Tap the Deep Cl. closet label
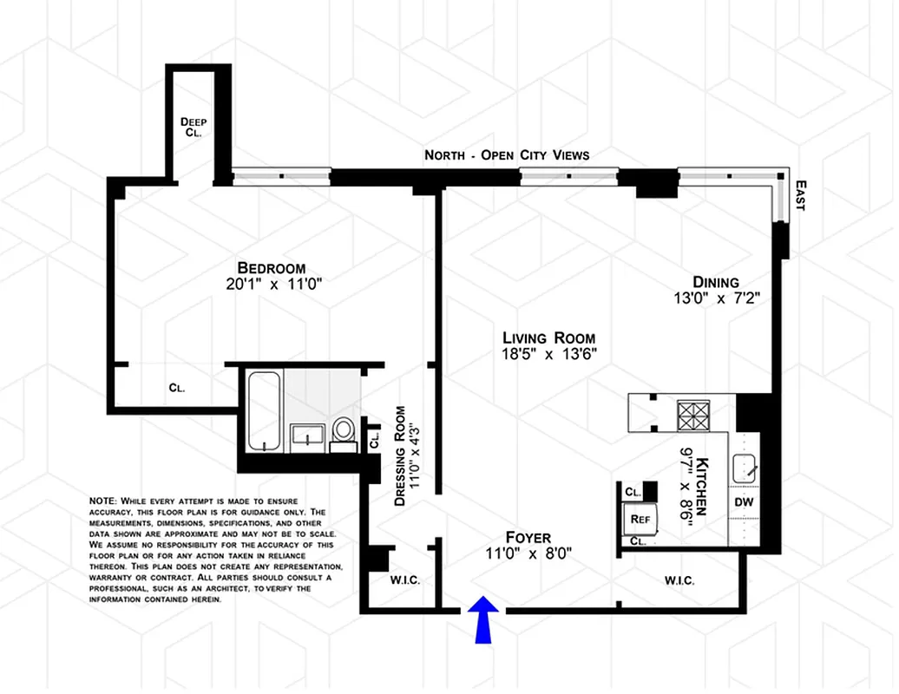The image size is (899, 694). click(194, 128)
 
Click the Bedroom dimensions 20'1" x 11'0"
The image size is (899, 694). click(272, 284)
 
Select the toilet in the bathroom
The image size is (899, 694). click(344, 431)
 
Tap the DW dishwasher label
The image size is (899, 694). click(744, 501)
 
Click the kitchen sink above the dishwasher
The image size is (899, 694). click(745, 469)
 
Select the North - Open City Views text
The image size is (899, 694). click(507, 155)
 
